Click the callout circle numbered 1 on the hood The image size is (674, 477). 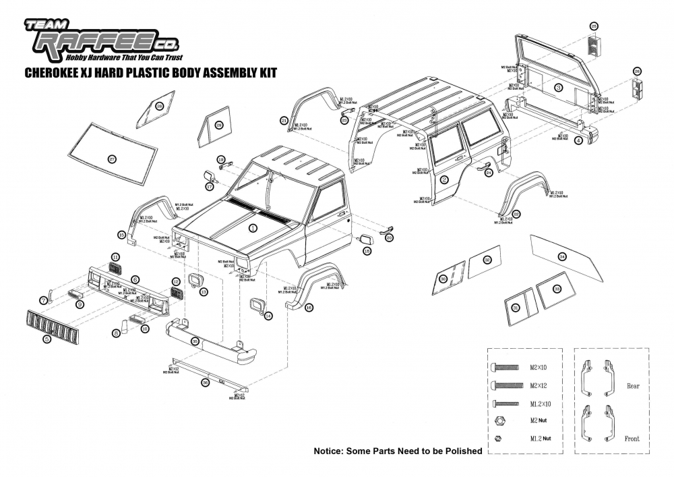point(253,228)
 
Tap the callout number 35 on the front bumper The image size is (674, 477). point(195,342)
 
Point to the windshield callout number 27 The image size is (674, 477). point(113,159)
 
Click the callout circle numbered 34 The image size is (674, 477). point(563,256)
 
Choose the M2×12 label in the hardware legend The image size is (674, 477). point(539,385)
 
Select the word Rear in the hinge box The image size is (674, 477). point(632,386)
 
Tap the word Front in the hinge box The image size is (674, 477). point(632,439)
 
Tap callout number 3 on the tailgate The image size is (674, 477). point(559,88)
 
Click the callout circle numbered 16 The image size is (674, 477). point(309,308)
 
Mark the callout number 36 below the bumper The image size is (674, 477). point(205,382)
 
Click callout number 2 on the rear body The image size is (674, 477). point(444,179)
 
